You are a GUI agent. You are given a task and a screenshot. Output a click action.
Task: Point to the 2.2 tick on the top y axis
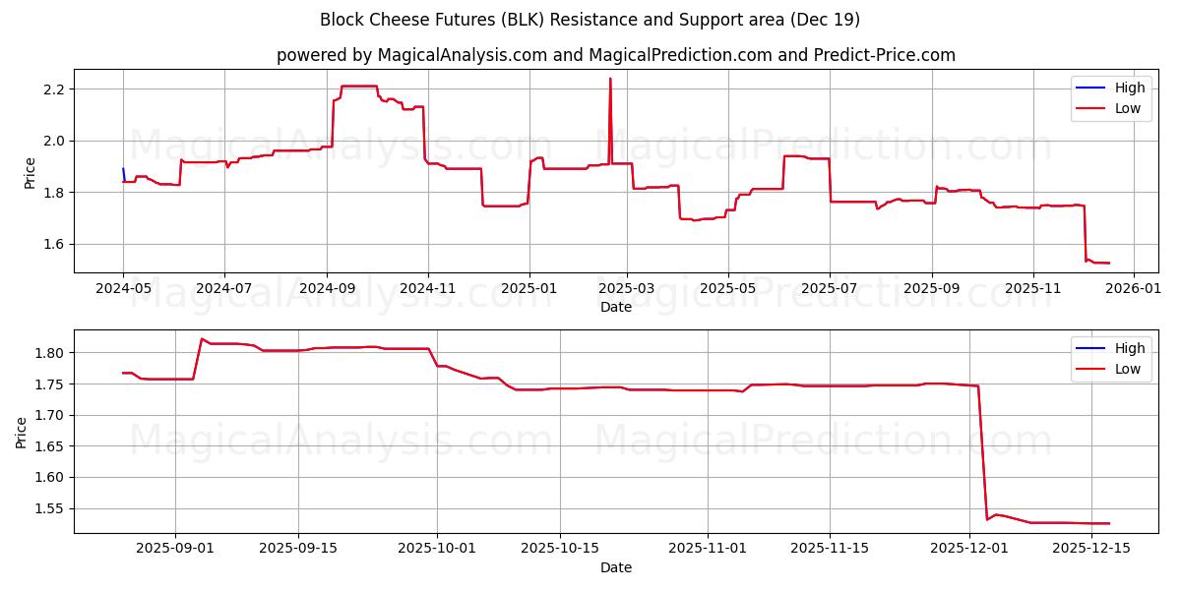pos(53,89)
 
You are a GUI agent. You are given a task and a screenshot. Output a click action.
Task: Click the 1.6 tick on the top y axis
pos(53,244)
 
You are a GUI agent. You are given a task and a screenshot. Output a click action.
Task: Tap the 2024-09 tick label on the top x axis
pos(327,290)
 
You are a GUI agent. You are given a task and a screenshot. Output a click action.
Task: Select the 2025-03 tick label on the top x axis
pos(627,290)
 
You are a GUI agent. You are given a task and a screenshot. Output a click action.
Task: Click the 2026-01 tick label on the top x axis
pos(1134,290)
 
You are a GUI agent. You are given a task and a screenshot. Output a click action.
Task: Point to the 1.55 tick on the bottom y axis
pos(49,508)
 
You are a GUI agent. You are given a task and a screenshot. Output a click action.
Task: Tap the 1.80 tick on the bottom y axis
pos(49,353)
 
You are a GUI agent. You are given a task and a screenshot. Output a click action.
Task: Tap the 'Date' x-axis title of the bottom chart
pos(615,567)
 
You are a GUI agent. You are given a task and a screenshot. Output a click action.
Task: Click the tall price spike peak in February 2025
pos(610,80)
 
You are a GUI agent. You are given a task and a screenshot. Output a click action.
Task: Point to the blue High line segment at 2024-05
pos(123,173)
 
